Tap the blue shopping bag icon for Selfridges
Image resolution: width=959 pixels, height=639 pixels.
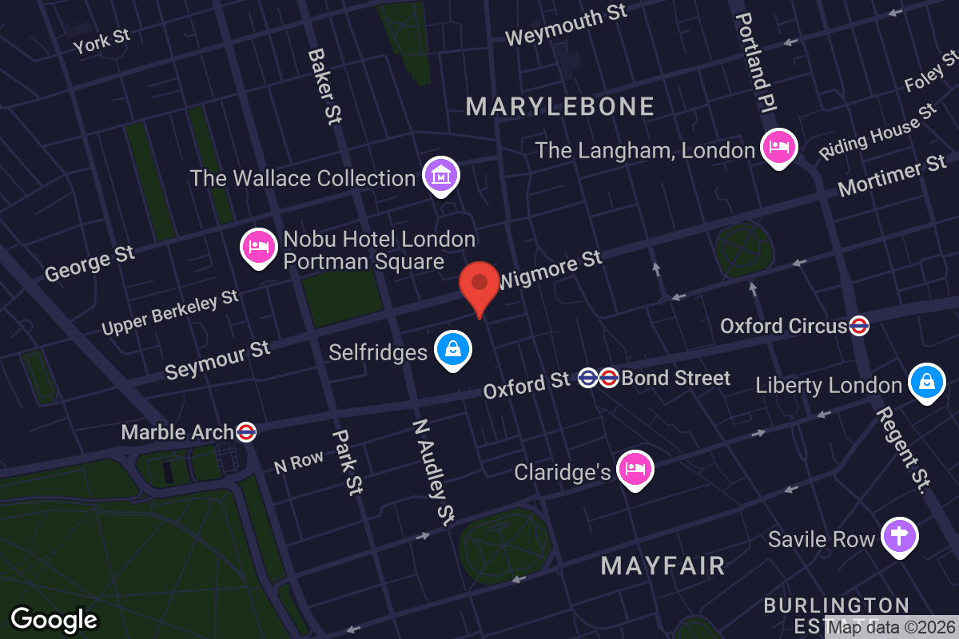point(453,350)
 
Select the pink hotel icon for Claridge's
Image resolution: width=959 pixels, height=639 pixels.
point(635,469)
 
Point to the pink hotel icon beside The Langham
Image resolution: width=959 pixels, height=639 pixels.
point(778,147)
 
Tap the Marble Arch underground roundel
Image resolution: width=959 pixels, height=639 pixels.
point(246,432)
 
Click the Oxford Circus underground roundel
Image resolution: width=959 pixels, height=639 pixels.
point(859,325)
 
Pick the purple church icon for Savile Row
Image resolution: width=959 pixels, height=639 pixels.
point(900,536)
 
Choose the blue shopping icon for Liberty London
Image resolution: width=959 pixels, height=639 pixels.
point(926,383)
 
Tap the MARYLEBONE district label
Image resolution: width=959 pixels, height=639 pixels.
point(560,106)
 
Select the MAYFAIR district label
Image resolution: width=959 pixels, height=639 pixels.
point(663,566)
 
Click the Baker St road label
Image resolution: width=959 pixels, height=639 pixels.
point(324,85)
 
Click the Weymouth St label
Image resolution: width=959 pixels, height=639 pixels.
point(566,26)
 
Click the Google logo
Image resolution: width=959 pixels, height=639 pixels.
point(54,619)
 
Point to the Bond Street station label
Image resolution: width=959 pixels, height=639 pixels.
point(675,378)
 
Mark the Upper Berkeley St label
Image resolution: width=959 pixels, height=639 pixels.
point(170,312)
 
